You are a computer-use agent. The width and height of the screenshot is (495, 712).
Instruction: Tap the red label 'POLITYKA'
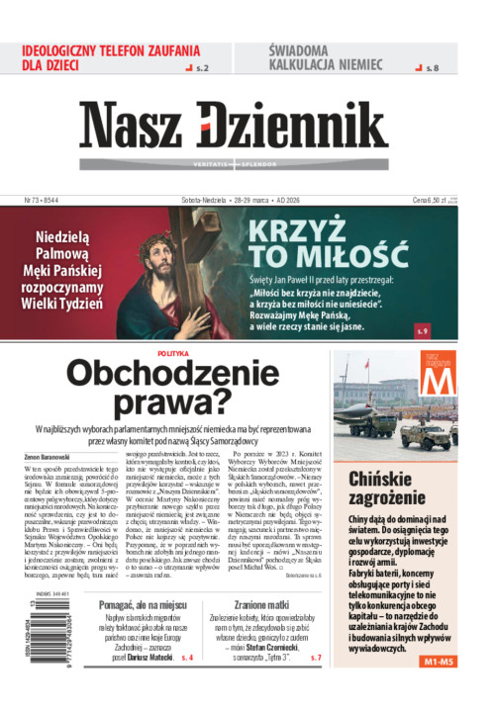pos(173,353)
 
